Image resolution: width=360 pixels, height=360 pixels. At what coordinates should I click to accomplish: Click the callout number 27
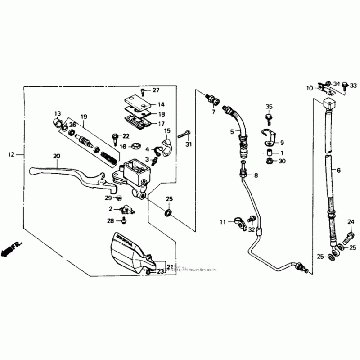[156, 90]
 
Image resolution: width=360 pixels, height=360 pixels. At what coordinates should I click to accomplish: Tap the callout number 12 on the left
[11, 154]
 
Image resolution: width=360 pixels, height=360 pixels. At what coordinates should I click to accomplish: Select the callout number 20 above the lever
[56, 156]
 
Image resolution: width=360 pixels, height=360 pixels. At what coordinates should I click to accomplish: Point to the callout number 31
[189, 144]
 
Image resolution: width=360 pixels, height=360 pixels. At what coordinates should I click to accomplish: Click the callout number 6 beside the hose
[339, 171]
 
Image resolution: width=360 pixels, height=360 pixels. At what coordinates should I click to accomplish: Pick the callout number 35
[269, 107]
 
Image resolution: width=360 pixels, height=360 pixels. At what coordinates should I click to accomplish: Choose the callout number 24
[351, 221]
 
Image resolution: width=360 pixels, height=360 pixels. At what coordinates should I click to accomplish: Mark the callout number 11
[222, 222]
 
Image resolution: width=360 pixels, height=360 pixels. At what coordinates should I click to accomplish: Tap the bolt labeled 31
[184, 134]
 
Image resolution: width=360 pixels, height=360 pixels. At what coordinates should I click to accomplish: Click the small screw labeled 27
[143, 92]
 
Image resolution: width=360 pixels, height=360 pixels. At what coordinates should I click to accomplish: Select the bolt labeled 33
[344, 85]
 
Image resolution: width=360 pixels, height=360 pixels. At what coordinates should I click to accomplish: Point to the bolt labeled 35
[269, 118]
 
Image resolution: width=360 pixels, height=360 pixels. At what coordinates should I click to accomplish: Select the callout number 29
[108, 198]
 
